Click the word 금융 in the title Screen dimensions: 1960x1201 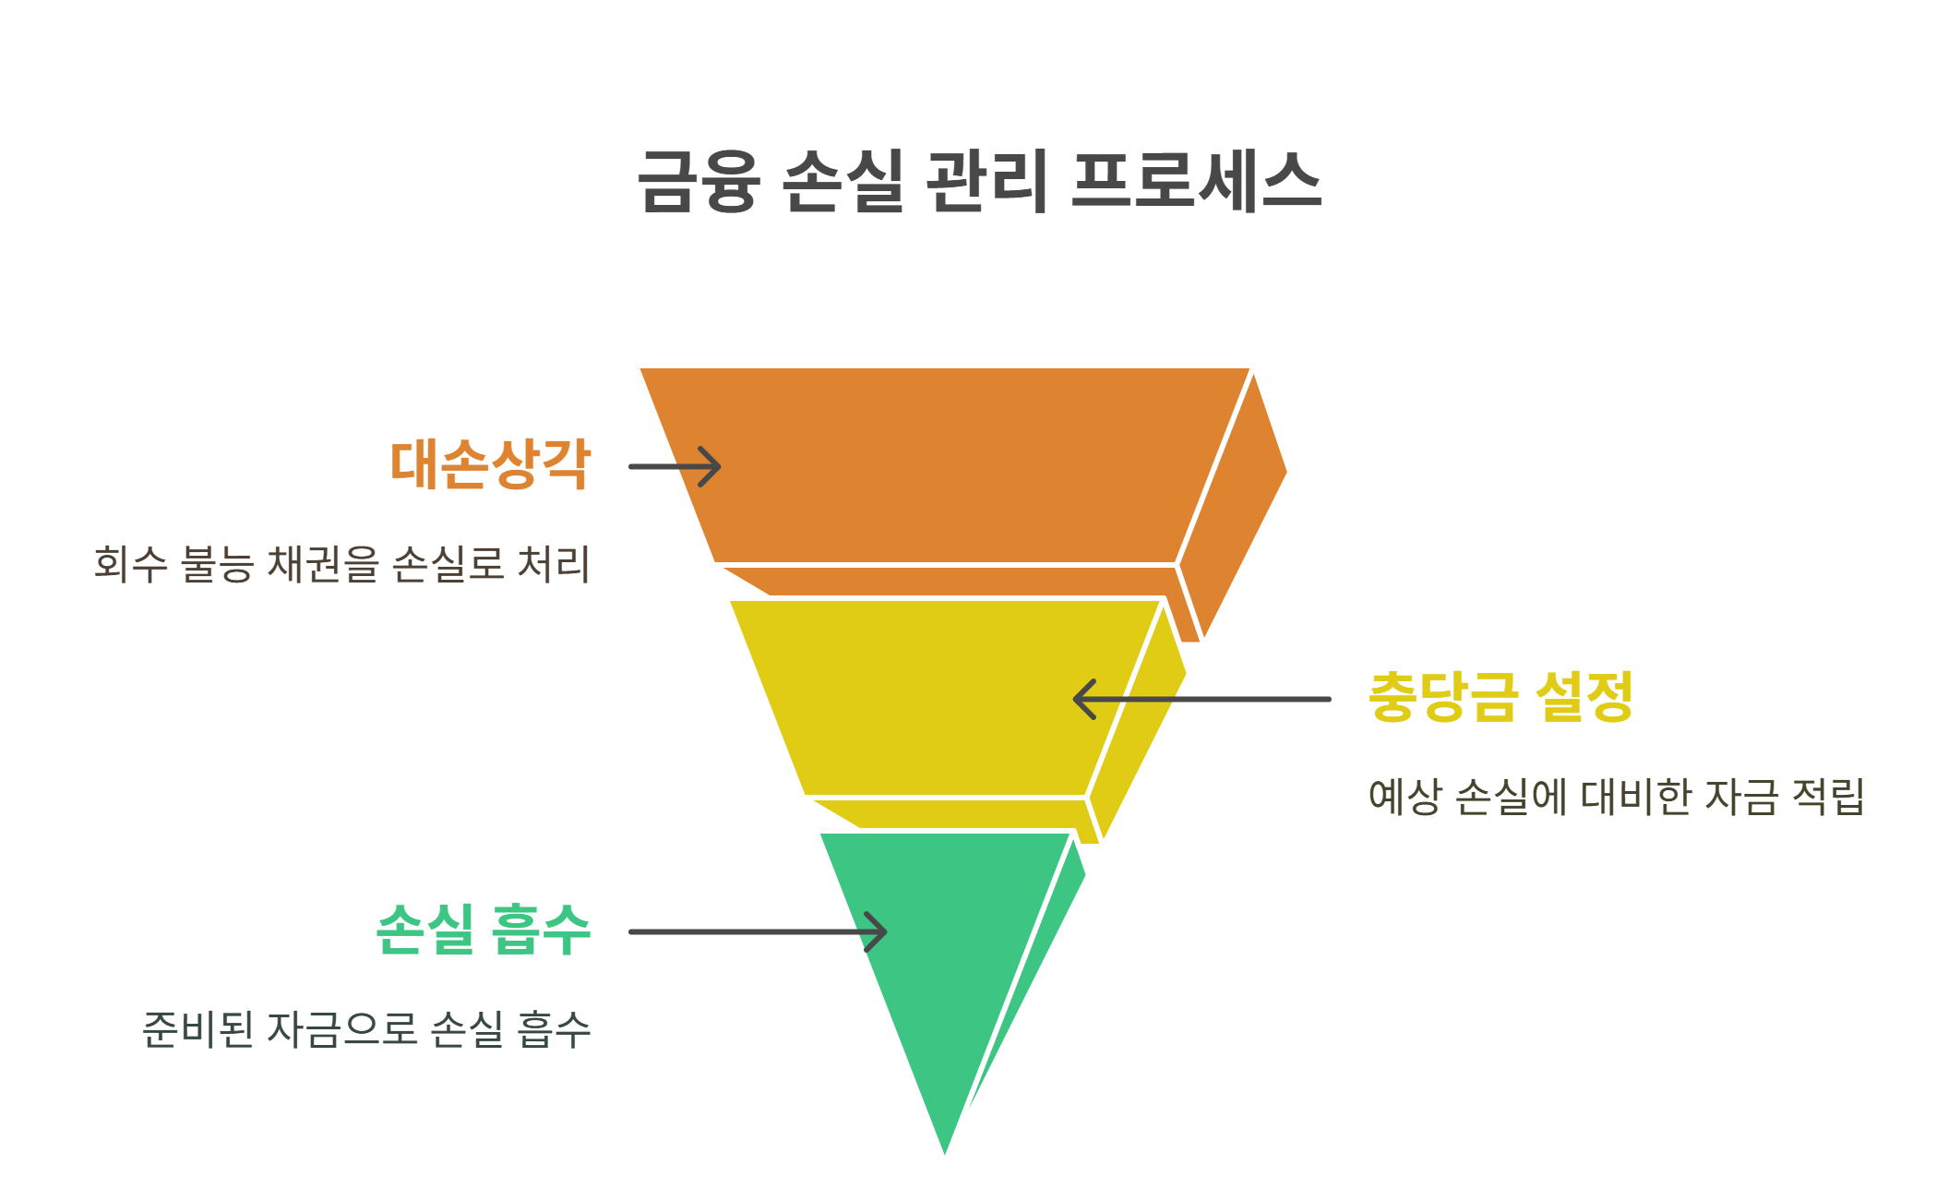pyautogui.click(x=699, y=182)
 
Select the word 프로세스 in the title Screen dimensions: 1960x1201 pyautogui.click(x=1196, y=182)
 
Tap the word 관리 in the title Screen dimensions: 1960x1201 pyautogui.click(x=986, y=182)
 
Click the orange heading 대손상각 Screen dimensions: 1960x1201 pyautogui.click(x=490, y=464)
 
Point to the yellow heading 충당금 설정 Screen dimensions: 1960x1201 pyautogui.click(x=1500, y=697)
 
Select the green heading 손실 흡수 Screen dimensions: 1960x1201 pyautogui.click(x=484, y=930)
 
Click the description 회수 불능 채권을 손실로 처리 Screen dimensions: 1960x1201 pyautogui.click(x=341, y=564)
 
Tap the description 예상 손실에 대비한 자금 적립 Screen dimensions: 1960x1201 pyautogui.click(x=1616, y=797)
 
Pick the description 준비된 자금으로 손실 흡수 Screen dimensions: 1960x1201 pyautogui.click(x=366, y=1029)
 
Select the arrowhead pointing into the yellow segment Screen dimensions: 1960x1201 pyautogui.click(x=1082, y=699)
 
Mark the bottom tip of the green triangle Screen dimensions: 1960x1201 pyautogui.click(x=945, y=1149)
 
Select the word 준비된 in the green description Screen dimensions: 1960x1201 pyautogui.click(x=197, y=1029)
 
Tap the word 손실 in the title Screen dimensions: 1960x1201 pyautogui.click(x=843, y=182)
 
